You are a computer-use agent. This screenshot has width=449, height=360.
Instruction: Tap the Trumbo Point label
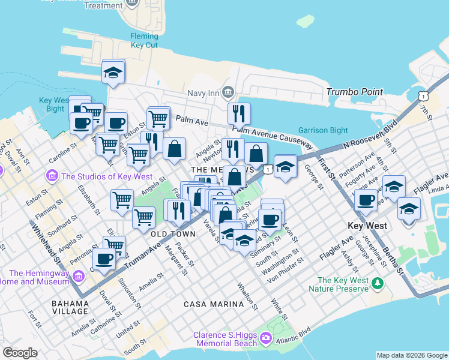(354, 92)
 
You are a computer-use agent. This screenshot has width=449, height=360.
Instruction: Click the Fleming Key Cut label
(144, 41)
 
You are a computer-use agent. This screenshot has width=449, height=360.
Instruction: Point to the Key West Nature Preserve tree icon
(378, 283)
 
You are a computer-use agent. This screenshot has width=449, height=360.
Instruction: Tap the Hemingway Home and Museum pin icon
(79, 276)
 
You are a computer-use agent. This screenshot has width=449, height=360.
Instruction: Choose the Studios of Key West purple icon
(52, 176)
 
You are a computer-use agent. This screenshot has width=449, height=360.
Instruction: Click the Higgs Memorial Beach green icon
(267, 341)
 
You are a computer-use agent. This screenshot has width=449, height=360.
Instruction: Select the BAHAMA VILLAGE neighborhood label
(70, 307)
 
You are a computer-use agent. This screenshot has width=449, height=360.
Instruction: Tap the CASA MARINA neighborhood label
(214, 304)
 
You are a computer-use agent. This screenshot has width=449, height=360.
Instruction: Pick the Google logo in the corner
(20, 353)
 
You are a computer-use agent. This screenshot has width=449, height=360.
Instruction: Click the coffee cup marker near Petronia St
(104, 259)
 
